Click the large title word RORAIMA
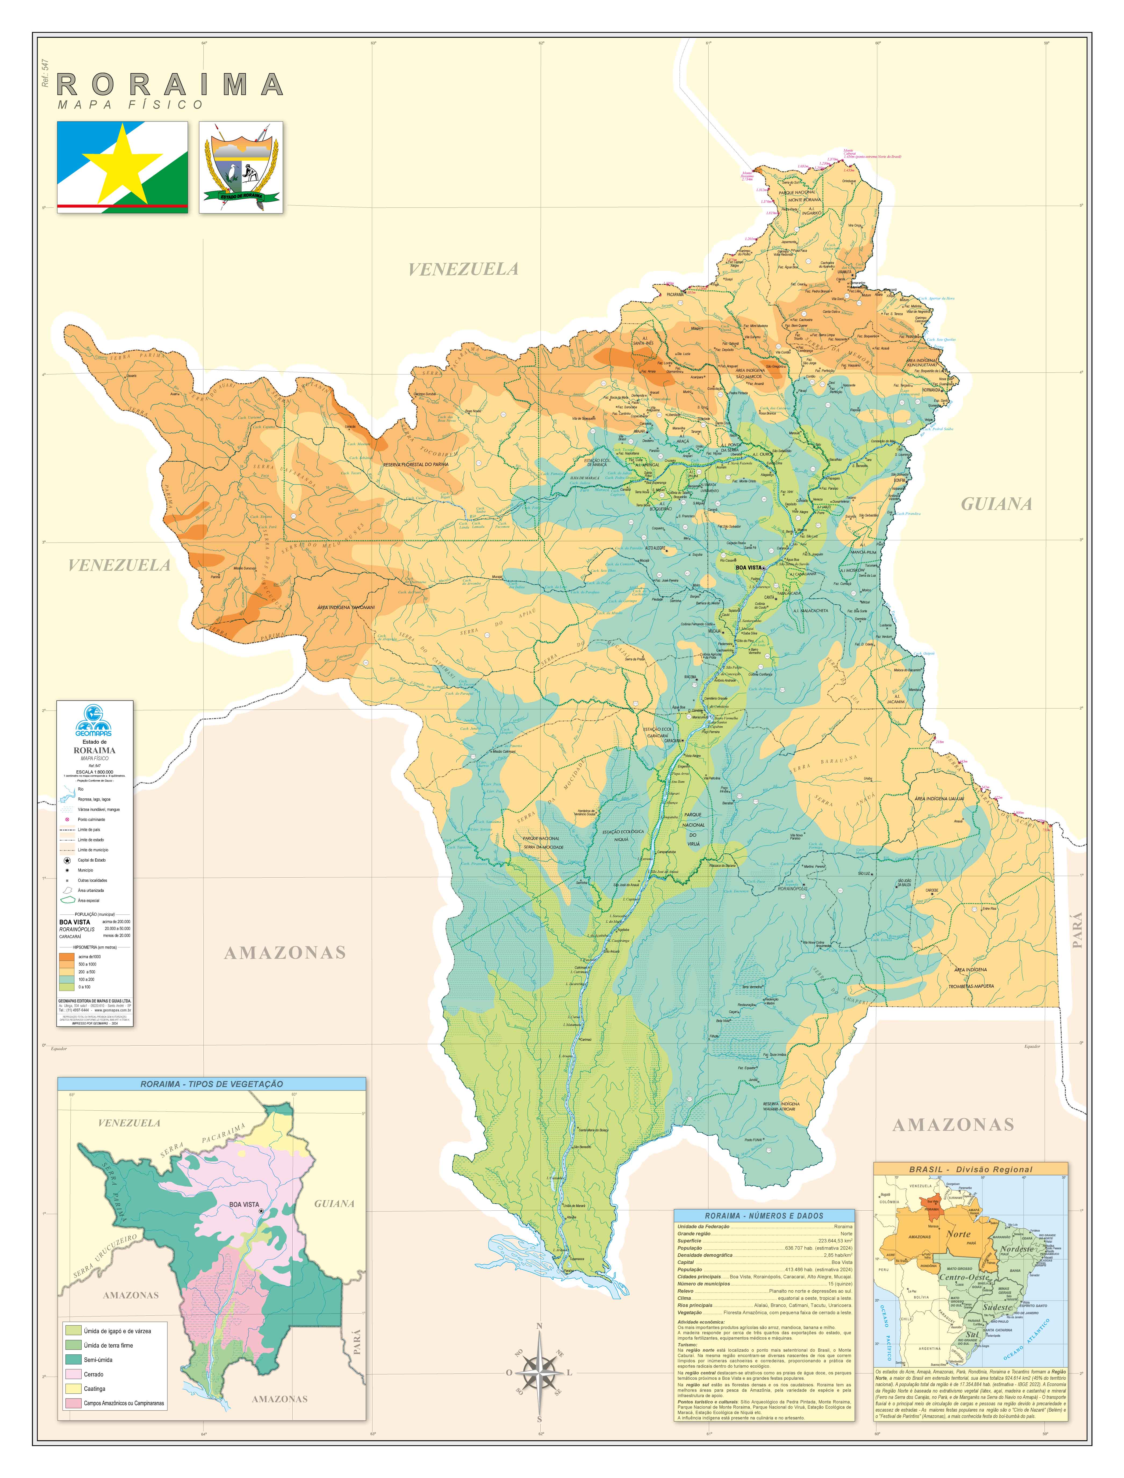pos(171,85)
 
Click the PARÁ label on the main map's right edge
pos(1077,930)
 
